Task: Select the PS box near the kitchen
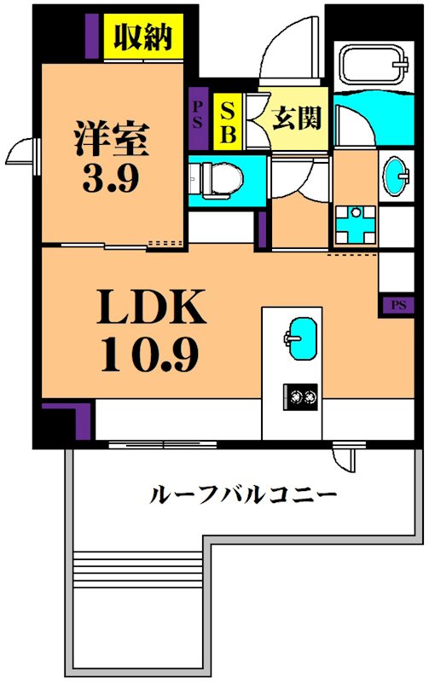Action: [x=397, y=304]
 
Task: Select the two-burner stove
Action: [x=300, y=396]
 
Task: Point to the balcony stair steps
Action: [x=137, y=567]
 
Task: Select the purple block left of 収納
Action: [x=92, y=37]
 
